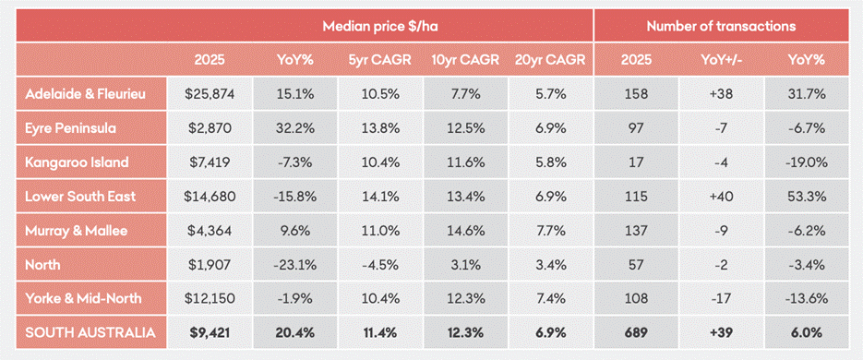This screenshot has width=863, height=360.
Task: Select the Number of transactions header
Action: click(x=721, y=26)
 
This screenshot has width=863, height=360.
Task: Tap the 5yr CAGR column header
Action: click(x=380, y=60)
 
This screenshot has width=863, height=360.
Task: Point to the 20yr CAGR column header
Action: click(x=550, y=60)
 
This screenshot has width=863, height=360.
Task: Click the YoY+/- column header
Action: click(x=722, y=60)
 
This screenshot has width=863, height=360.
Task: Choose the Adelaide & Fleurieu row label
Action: click(x=86, y=94)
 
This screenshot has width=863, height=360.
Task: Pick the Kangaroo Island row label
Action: click(x=77, y=162)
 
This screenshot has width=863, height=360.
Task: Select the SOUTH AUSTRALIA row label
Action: click(x=90, y=332)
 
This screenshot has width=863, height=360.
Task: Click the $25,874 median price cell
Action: click(x=210, y=94)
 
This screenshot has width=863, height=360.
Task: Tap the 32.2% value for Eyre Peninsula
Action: click(x=295, y=128)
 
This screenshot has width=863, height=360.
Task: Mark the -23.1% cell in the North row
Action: click(x=295, y=265)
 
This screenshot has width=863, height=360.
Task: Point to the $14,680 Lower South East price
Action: click(x=210, y=197)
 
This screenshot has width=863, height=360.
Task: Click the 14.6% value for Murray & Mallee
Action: click(x=465, y=231)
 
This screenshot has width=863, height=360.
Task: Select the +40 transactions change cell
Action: click(x=722, y=197)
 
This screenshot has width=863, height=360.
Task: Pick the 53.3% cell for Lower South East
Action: click(x=807, y=197)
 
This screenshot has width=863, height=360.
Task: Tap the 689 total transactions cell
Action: click(x=636, y=332)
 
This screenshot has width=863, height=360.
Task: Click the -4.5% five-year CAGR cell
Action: click(x=380, y=265)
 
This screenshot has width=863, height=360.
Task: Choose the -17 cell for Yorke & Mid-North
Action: click(x=722, y=299)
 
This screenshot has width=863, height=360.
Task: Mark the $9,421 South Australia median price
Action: click(x=210, y=332)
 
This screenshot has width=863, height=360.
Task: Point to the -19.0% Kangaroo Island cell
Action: click(x=807, y=162)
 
